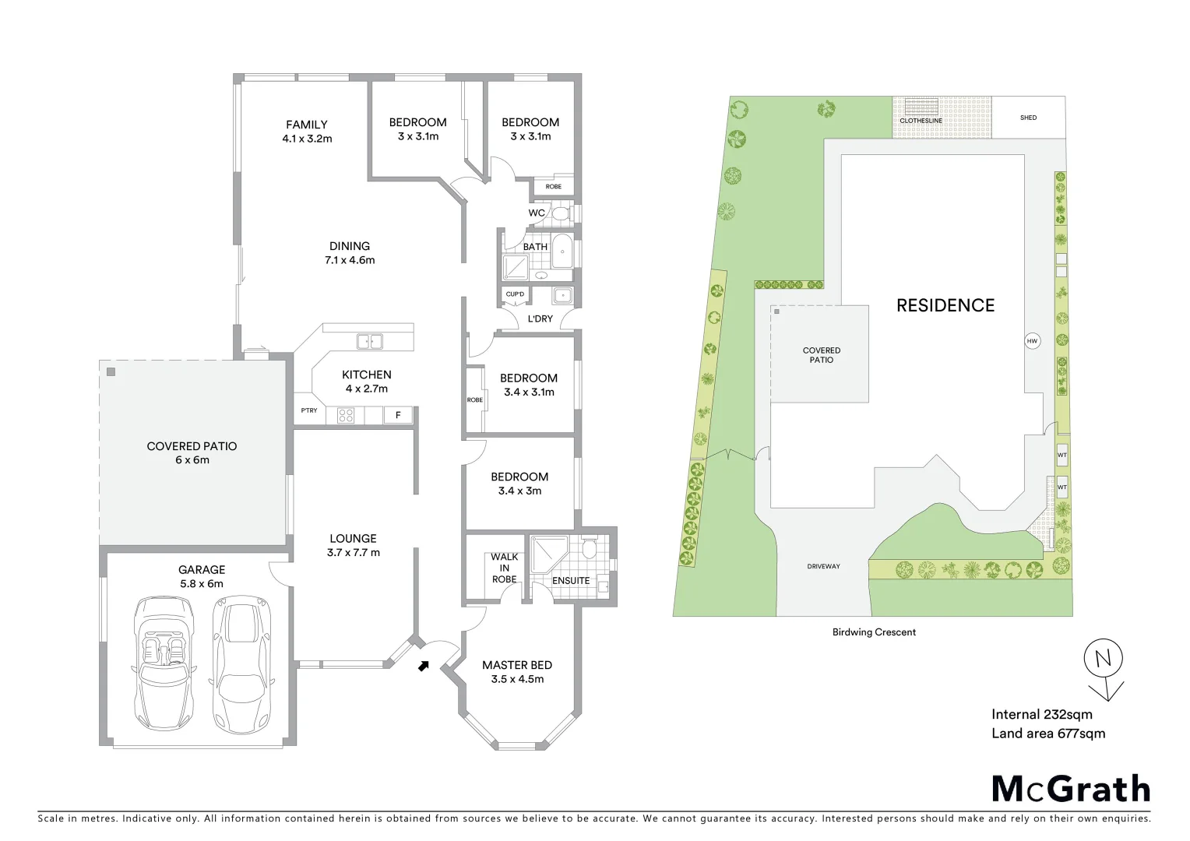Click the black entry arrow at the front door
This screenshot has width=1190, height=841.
[423, 666]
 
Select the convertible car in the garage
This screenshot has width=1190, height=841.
[165, 662]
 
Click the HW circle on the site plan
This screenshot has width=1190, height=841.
[1032, 341]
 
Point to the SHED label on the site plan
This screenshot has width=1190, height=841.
[1028, 118]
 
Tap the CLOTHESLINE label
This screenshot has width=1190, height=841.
[921, 121]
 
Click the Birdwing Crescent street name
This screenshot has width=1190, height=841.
[874, 632]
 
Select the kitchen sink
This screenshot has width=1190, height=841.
[369, 341]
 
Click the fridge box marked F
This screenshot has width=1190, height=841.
[398, 415]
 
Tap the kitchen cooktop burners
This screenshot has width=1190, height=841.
[345, 416]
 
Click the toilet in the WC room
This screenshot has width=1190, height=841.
[561, 213]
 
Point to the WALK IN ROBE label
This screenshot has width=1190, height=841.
[504, 568]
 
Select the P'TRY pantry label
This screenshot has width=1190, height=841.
[309, 410]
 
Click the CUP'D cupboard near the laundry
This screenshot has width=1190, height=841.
[515, 294]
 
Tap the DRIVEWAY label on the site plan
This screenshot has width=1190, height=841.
[823, 566]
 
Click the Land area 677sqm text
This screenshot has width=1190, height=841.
[1048, 733]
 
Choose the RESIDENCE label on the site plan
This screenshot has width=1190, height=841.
[945, 305]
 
